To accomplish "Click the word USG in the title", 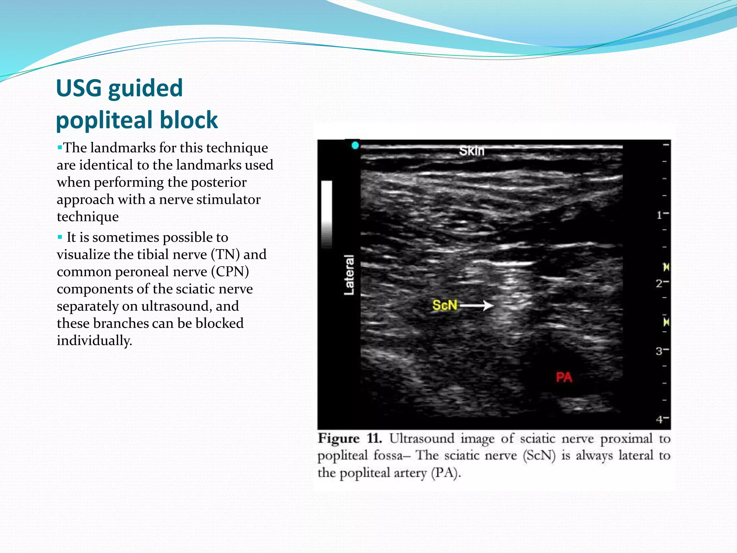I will point(79,88).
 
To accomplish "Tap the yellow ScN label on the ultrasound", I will point(444,305).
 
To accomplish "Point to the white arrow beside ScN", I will point(476,306).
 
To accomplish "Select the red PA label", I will point(564,377).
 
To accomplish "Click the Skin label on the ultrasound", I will point(471,150).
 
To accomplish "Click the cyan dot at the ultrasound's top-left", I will point(355,145).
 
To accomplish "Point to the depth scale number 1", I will point(659,215).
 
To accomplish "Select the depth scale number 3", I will point(659,351).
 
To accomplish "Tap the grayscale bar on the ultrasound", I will point(326,214).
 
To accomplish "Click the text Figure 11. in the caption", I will point(349,439).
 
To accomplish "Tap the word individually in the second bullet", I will point(94,341).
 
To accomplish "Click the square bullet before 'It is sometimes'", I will point(60,237).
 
